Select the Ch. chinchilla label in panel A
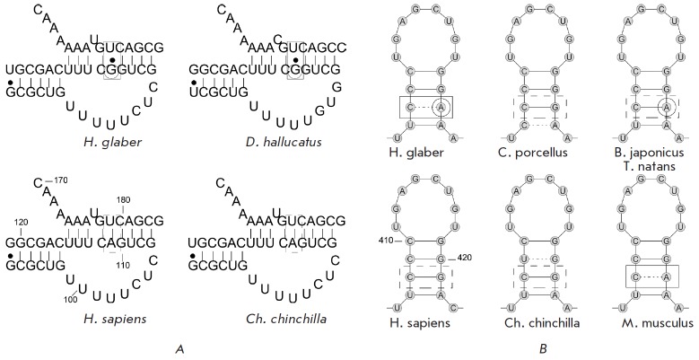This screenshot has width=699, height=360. (271, 317)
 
